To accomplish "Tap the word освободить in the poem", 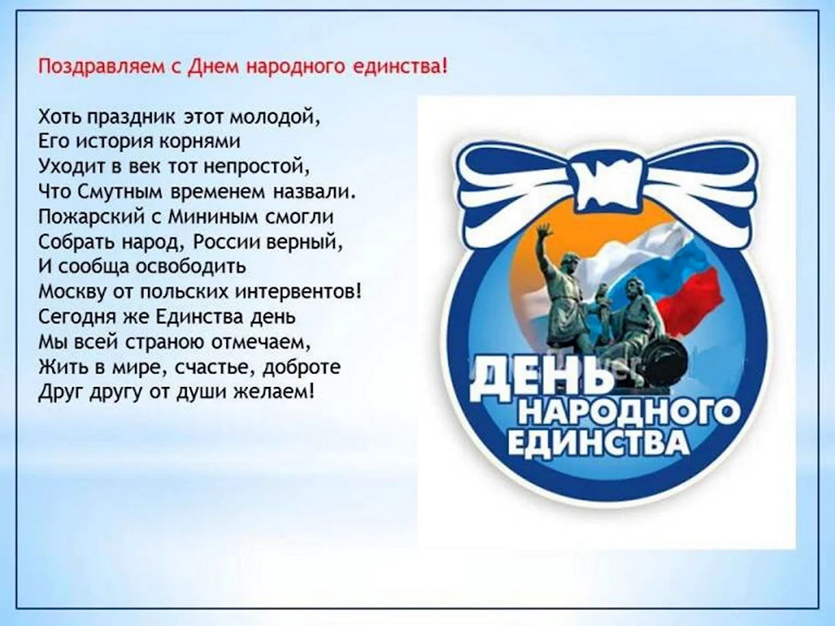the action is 191,266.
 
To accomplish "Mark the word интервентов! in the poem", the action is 299,291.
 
